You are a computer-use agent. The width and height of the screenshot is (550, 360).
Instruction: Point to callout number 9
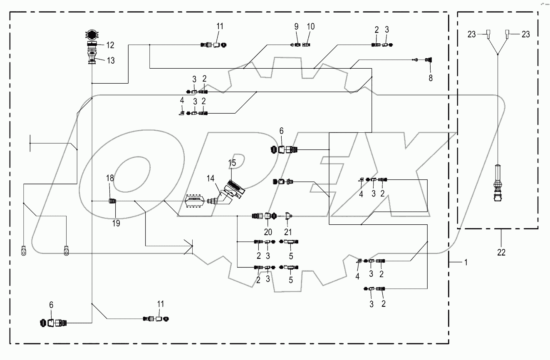click(297, 27)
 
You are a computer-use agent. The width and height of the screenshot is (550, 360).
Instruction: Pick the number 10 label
click(310, 27)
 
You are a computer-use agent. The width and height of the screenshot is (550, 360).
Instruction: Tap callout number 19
click(116, 223)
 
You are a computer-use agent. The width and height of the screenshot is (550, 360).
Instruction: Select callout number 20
click(268, 232)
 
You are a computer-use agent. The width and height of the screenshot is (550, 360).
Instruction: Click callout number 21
click(288, 232)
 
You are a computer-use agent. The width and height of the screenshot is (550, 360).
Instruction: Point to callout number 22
click(501, 252)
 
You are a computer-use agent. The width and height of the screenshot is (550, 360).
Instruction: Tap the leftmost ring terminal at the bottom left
click(23, 251)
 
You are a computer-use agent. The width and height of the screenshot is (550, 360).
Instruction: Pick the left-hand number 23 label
click(471, 35)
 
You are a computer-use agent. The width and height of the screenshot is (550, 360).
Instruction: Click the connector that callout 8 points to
click(428, 60)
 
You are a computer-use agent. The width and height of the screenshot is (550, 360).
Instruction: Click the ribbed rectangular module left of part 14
click(195, 201)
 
